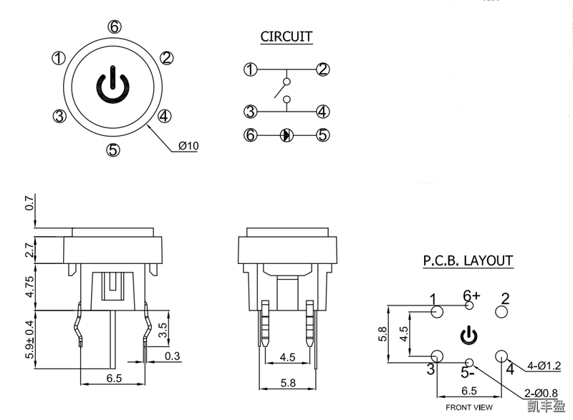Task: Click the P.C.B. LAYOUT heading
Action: pos(467,260)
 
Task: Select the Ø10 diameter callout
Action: pos(188,146)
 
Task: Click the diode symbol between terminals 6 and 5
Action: pos(286,135)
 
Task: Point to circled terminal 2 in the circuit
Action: pos(323,69)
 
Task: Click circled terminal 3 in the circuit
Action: pos(250,112)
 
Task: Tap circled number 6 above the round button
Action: pos(114,27)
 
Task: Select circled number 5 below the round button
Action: pos(112,150)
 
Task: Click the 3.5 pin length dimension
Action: pos(162,330)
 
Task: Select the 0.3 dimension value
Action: pos(172,356)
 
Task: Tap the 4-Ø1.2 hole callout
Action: pos(544,367)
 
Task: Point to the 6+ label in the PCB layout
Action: pos(471,295)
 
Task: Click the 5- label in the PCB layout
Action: pos(468,372)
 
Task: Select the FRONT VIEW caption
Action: pos(469,407)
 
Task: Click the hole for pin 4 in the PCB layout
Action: pos(501,356)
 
